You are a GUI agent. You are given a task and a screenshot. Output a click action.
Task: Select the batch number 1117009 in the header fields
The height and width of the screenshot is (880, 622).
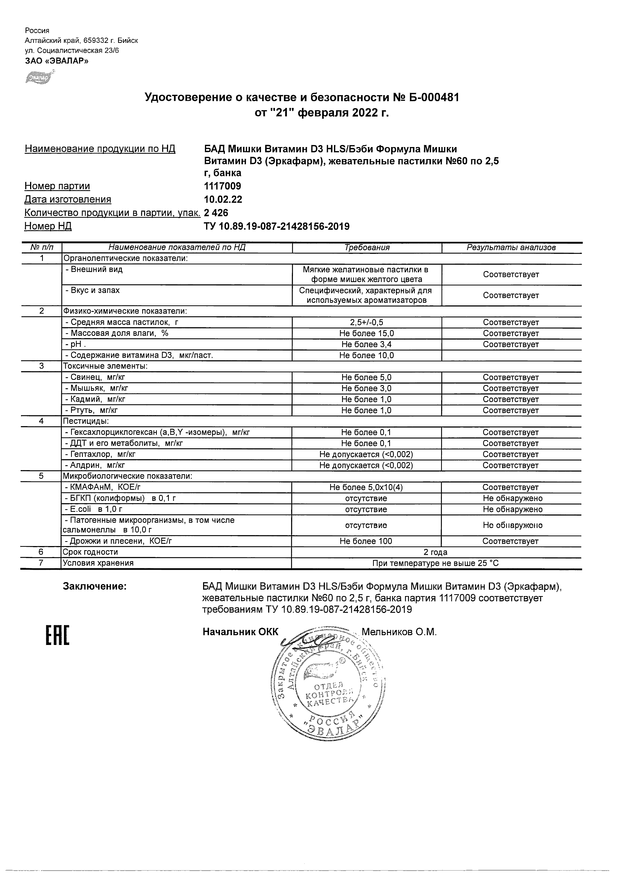(223, 186)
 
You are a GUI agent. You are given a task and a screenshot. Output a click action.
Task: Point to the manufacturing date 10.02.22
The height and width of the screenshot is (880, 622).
(223, 200)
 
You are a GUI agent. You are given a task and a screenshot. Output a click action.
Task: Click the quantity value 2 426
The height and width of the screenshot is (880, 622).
(216, 213)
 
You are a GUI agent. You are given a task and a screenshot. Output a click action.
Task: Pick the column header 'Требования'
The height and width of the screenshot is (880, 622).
(367, 247)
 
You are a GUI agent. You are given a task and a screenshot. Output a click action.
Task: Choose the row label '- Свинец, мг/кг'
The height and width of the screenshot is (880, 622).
(95, 378)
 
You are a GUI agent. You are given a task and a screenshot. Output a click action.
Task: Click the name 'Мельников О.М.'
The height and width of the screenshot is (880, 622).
(399, 632)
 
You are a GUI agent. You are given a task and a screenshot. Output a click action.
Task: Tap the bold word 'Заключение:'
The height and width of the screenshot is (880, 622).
(95, 586)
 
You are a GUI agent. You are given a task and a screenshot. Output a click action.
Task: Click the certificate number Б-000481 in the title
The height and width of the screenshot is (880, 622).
(431, 98)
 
